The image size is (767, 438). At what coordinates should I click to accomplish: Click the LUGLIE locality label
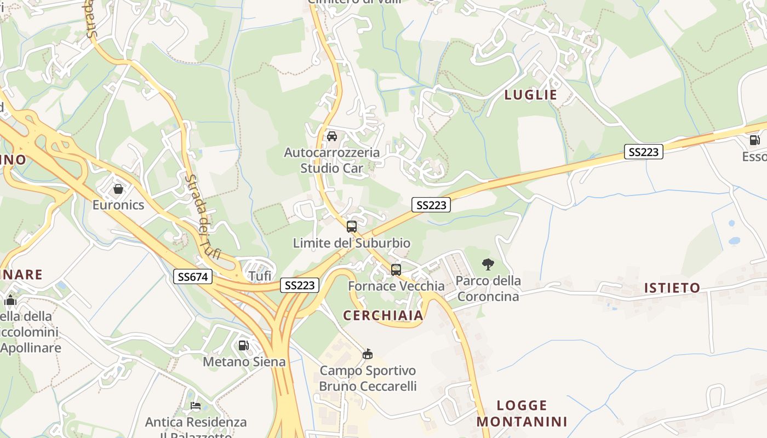point(530,95)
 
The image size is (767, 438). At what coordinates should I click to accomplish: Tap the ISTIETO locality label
point(672,288)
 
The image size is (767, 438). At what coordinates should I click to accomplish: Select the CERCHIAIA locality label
point(383,315)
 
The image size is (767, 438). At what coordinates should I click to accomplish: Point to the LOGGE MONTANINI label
point(522,413)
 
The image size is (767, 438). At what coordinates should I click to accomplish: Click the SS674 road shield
point(193,277)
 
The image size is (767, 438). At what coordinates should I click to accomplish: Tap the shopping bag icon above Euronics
point(118,189)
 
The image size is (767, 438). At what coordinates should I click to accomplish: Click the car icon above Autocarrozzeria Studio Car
point(331,136)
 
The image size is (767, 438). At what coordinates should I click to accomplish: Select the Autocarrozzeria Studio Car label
point(331,160)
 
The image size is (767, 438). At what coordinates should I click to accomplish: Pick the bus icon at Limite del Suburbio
point(352,226)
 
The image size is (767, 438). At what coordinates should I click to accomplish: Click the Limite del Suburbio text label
point(352,243)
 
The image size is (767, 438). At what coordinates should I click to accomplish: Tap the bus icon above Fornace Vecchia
point(396,269)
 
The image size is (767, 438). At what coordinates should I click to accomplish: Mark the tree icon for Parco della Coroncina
point(488,265)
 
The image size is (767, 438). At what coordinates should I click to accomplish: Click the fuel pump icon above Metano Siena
point(244,345)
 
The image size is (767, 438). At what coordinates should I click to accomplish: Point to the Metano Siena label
point(244,362)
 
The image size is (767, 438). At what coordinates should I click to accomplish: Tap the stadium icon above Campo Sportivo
point(368,354)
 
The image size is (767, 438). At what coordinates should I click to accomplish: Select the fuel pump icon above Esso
point(754,140)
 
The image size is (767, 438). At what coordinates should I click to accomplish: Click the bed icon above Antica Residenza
point(195,406)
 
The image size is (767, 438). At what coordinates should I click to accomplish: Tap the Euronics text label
point(118,205)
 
